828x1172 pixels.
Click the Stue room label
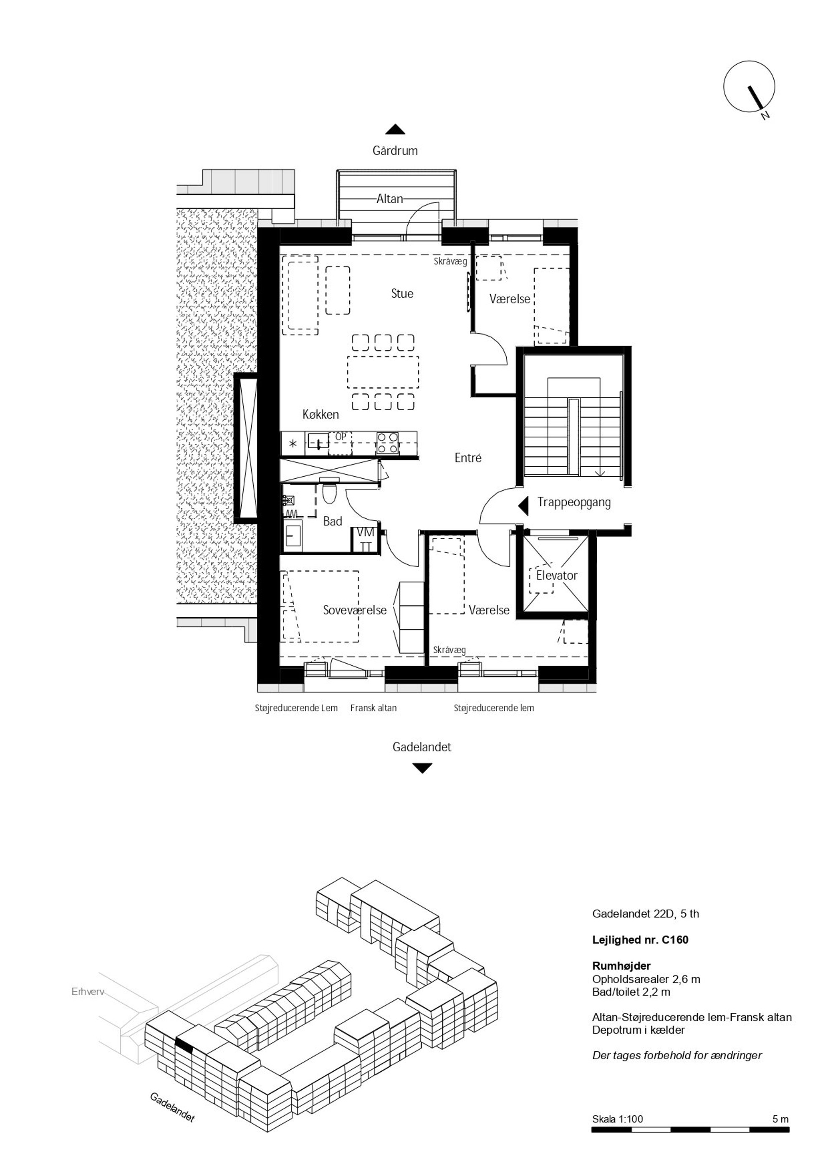tap(402, 293)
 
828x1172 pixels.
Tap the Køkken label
tap(321, 414)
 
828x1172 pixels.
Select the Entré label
tap(468, 458)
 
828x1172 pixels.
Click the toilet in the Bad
tap(330, 493)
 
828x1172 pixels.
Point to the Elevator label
tap(556, 575)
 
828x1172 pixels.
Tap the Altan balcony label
tap(390, 199)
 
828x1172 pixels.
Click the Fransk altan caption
tap(373, 708)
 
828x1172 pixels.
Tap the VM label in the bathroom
tap(365, 533)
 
